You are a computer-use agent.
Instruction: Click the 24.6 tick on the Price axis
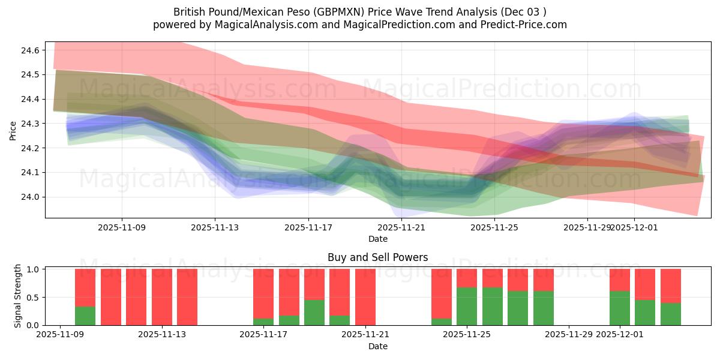(30, 50)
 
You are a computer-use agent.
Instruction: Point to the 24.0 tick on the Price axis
(30, 197)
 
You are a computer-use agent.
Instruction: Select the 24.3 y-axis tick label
(30, 124)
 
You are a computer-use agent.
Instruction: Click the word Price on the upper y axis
(13, 130)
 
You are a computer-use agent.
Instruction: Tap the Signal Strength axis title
(18, 296)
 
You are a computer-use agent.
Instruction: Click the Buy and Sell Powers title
(377, 257)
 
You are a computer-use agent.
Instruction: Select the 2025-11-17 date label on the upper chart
(308, 228)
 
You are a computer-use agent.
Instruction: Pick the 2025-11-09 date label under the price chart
(122, 228)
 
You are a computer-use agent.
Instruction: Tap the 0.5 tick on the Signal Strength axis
(33, 297)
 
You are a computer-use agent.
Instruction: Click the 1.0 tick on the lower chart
(33, 269)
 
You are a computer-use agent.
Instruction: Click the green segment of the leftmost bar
(85, 316)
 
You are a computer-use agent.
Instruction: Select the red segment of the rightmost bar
(671, 286)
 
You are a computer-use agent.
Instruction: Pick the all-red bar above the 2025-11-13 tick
(187, 297)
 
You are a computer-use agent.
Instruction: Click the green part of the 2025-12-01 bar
(620, 308)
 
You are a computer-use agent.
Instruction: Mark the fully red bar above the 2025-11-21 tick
(365, 297)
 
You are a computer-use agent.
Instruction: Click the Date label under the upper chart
(377, 239)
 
